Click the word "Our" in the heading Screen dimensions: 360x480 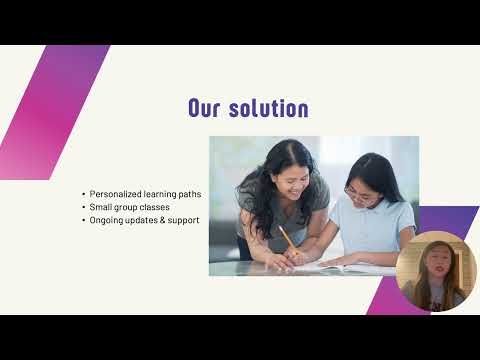pos(206,108)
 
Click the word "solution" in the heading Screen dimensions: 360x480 pos(267,108)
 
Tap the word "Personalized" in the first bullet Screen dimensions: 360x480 pos(115,194)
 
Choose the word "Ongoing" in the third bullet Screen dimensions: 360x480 pos(107,220)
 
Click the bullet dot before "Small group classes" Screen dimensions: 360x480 pos(83,207)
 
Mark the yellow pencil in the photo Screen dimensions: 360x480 pos(287,240)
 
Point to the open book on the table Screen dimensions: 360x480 pos(340,267)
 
